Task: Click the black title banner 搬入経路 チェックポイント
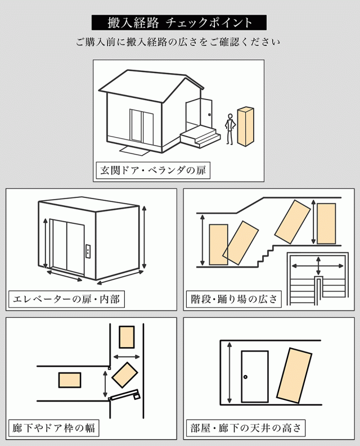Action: [x=179, y=22]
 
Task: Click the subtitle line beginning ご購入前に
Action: [x=179, y=42]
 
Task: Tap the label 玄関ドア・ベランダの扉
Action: [x=152, y=170]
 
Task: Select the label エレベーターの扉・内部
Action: [x=66, y=299]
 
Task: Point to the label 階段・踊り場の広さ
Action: [x=233, y=299]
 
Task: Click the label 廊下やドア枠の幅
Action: [x=53, y=428]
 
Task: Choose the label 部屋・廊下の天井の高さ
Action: [x=246, y=428]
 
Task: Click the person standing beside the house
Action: [x=229, y=129]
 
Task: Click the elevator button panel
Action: [x=87, y=251]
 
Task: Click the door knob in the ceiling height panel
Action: [x=245, y=376]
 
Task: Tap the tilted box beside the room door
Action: [x=294, y=375]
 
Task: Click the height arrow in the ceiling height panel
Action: [x=229, y=374]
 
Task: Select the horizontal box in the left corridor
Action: [x=70, y=380]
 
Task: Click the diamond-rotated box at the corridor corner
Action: [x=125, y=375]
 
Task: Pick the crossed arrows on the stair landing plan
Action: [x=319, y=264]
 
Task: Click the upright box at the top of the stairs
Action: [x=326, y=223]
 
